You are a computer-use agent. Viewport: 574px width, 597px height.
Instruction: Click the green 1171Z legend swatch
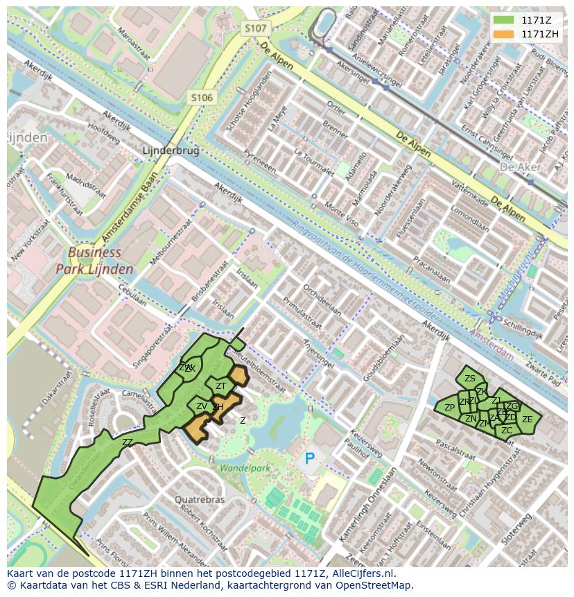504,20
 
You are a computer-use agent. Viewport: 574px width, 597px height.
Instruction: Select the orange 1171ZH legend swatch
504,34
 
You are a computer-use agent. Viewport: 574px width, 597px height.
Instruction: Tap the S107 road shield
255,28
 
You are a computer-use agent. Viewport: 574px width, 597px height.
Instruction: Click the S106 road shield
202,98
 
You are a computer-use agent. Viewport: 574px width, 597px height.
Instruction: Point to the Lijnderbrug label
170,150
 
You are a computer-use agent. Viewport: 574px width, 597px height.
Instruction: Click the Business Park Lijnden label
94,261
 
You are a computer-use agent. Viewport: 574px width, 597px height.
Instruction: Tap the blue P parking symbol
309,458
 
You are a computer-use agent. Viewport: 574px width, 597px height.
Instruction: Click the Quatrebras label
200,499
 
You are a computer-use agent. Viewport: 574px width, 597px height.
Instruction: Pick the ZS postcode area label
470,379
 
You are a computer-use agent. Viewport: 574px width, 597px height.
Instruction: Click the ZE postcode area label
528,419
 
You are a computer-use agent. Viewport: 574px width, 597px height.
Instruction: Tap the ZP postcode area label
449,408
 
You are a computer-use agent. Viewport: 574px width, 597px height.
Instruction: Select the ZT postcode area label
220,386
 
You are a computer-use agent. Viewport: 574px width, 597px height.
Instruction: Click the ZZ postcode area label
127,442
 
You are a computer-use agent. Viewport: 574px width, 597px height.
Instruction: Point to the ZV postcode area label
201,406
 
